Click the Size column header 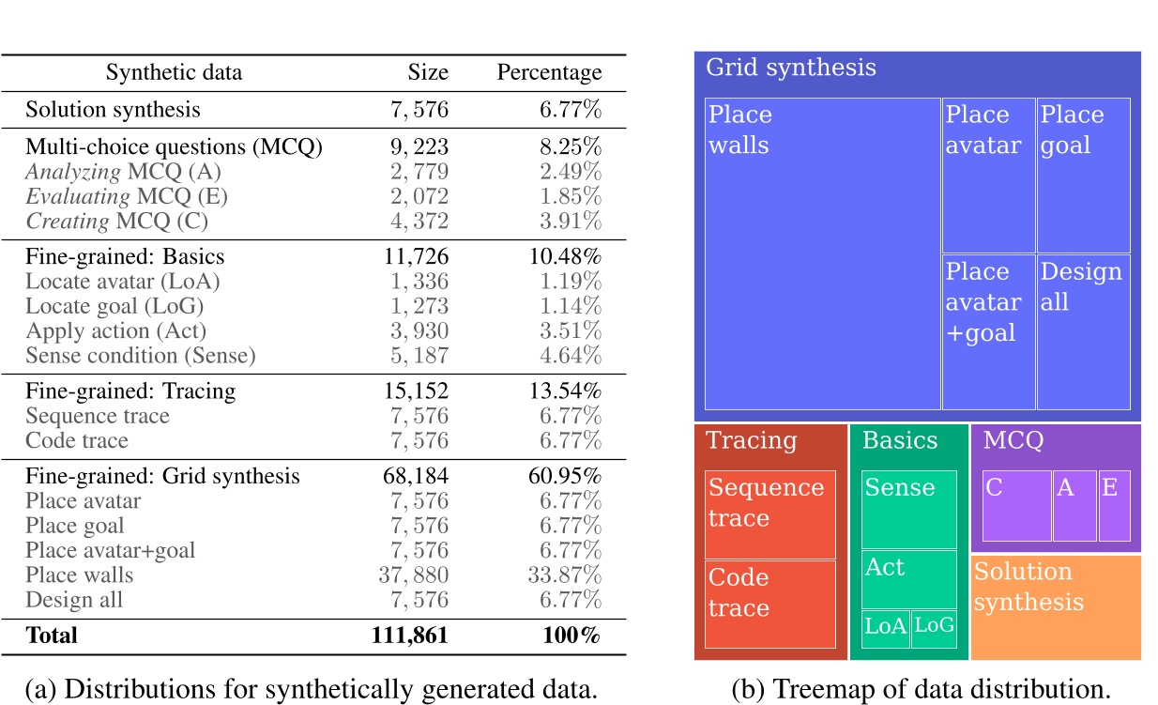pos(427,72)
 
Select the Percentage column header pos(549,72)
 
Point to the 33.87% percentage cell pos(563,575)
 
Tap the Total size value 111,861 pos(409,635)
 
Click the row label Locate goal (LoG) pos(114,306)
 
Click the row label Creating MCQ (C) pos(116,222)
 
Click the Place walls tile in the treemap pos(822,253)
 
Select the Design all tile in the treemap pos(1084,331)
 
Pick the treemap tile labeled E pos(1114,506)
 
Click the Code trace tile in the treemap pos(769,604)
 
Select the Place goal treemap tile pos(1084,175)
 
